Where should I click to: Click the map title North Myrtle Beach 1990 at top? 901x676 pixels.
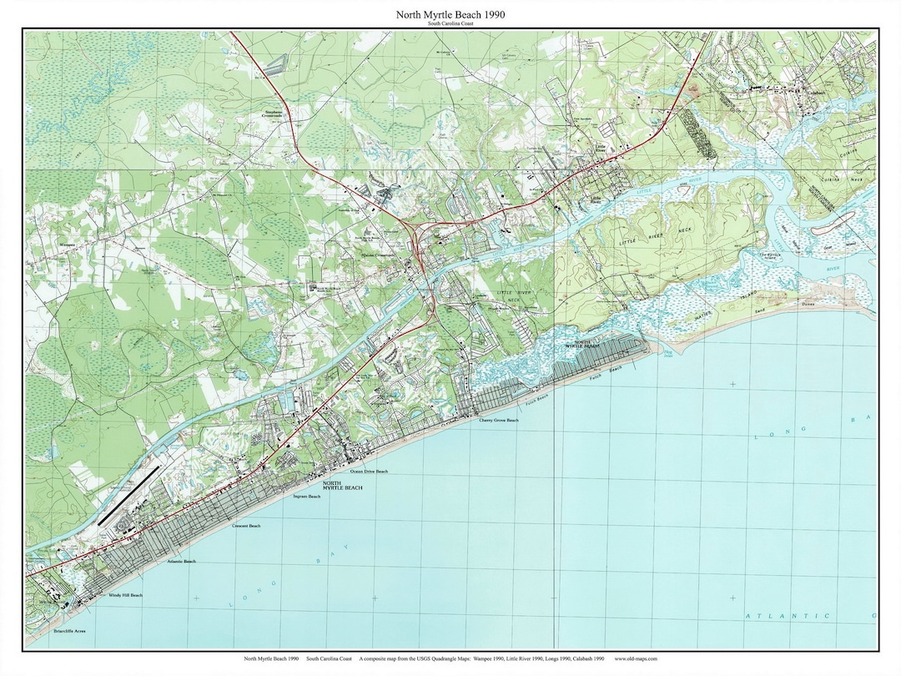tap(451, 15)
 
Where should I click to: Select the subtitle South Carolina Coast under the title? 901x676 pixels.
tap(451, 25)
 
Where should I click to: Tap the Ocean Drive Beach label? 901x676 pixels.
tap(369, 472)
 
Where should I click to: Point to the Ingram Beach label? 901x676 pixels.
tap(306, 497)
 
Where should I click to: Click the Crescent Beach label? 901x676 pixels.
tap(246, 526)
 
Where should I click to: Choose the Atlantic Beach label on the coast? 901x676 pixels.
tap(181, 562)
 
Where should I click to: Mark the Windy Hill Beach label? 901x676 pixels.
tap(125, 595)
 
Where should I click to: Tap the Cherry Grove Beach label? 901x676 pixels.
tap(498, 421)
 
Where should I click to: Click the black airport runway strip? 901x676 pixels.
tap(128, 495)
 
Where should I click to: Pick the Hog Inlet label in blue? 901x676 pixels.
tap(667, 353)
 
